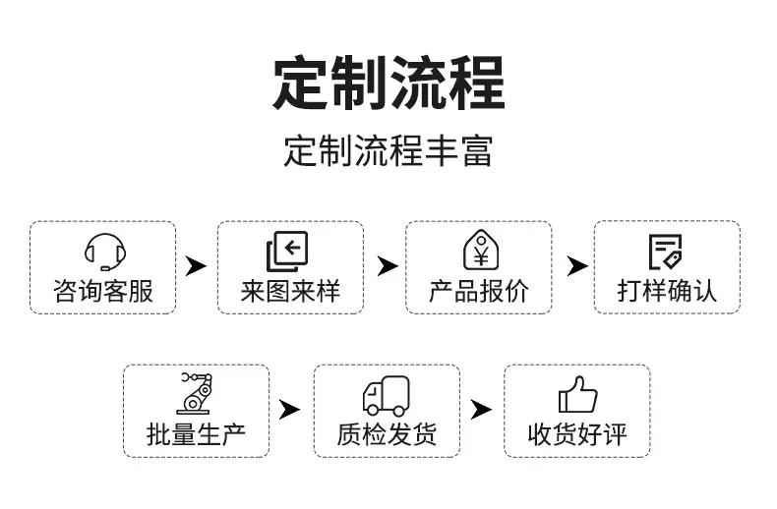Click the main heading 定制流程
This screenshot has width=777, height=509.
pyautogui.click(x=389, y=84)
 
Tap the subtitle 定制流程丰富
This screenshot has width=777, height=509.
pyautogui.click(x=388, y=150)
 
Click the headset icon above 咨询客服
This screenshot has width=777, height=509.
pyautogui.click(x=105, y=252)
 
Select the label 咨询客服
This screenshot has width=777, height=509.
pyautogui.click(x=103, y=291)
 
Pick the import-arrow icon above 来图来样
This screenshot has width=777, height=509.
pyautogui.click(x=287, y=252)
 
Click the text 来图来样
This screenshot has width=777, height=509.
pyautogui.click(x=290, y=291)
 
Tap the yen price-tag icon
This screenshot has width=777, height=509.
pyautogui.click(x=481, y=250)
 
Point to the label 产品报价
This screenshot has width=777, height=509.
pyautogui.click(x=479, y=291)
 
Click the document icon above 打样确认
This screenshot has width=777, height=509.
pyautogui.click(x=666, y=252)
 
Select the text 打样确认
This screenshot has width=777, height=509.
pyautogui.click(x=667, y=291)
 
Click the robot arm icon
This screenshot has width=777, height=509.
pyautogui.click(x=196, y=394)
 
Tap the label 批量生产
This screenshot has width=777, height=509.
pyautogui.click(x=197, y=434)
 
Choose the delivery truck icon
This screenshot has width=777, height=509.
pyautogui.click(x=386, y=396)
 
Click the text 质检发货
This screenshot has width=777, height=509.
pyautogui.click(x=387, y=434)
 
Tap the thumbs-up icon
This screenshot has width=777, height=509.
pyautogui.click(x=577, y=395)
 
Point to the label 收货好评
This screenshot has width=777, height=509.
pyautogui.click(x=577, y=434)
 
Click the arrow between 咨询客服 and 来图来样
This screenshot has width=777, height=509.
pyautogui.click(x=196, y=266)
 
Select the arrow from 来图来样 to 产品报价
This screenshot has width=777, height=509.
pyautogui.click(x=387, y=266)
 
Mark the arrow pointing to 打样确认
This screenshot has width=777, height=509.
pyautogui.click(x=577, y=266)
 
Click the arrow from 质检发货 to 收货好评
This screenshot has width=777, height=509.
pyautogui.click(x=481, y=410)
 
